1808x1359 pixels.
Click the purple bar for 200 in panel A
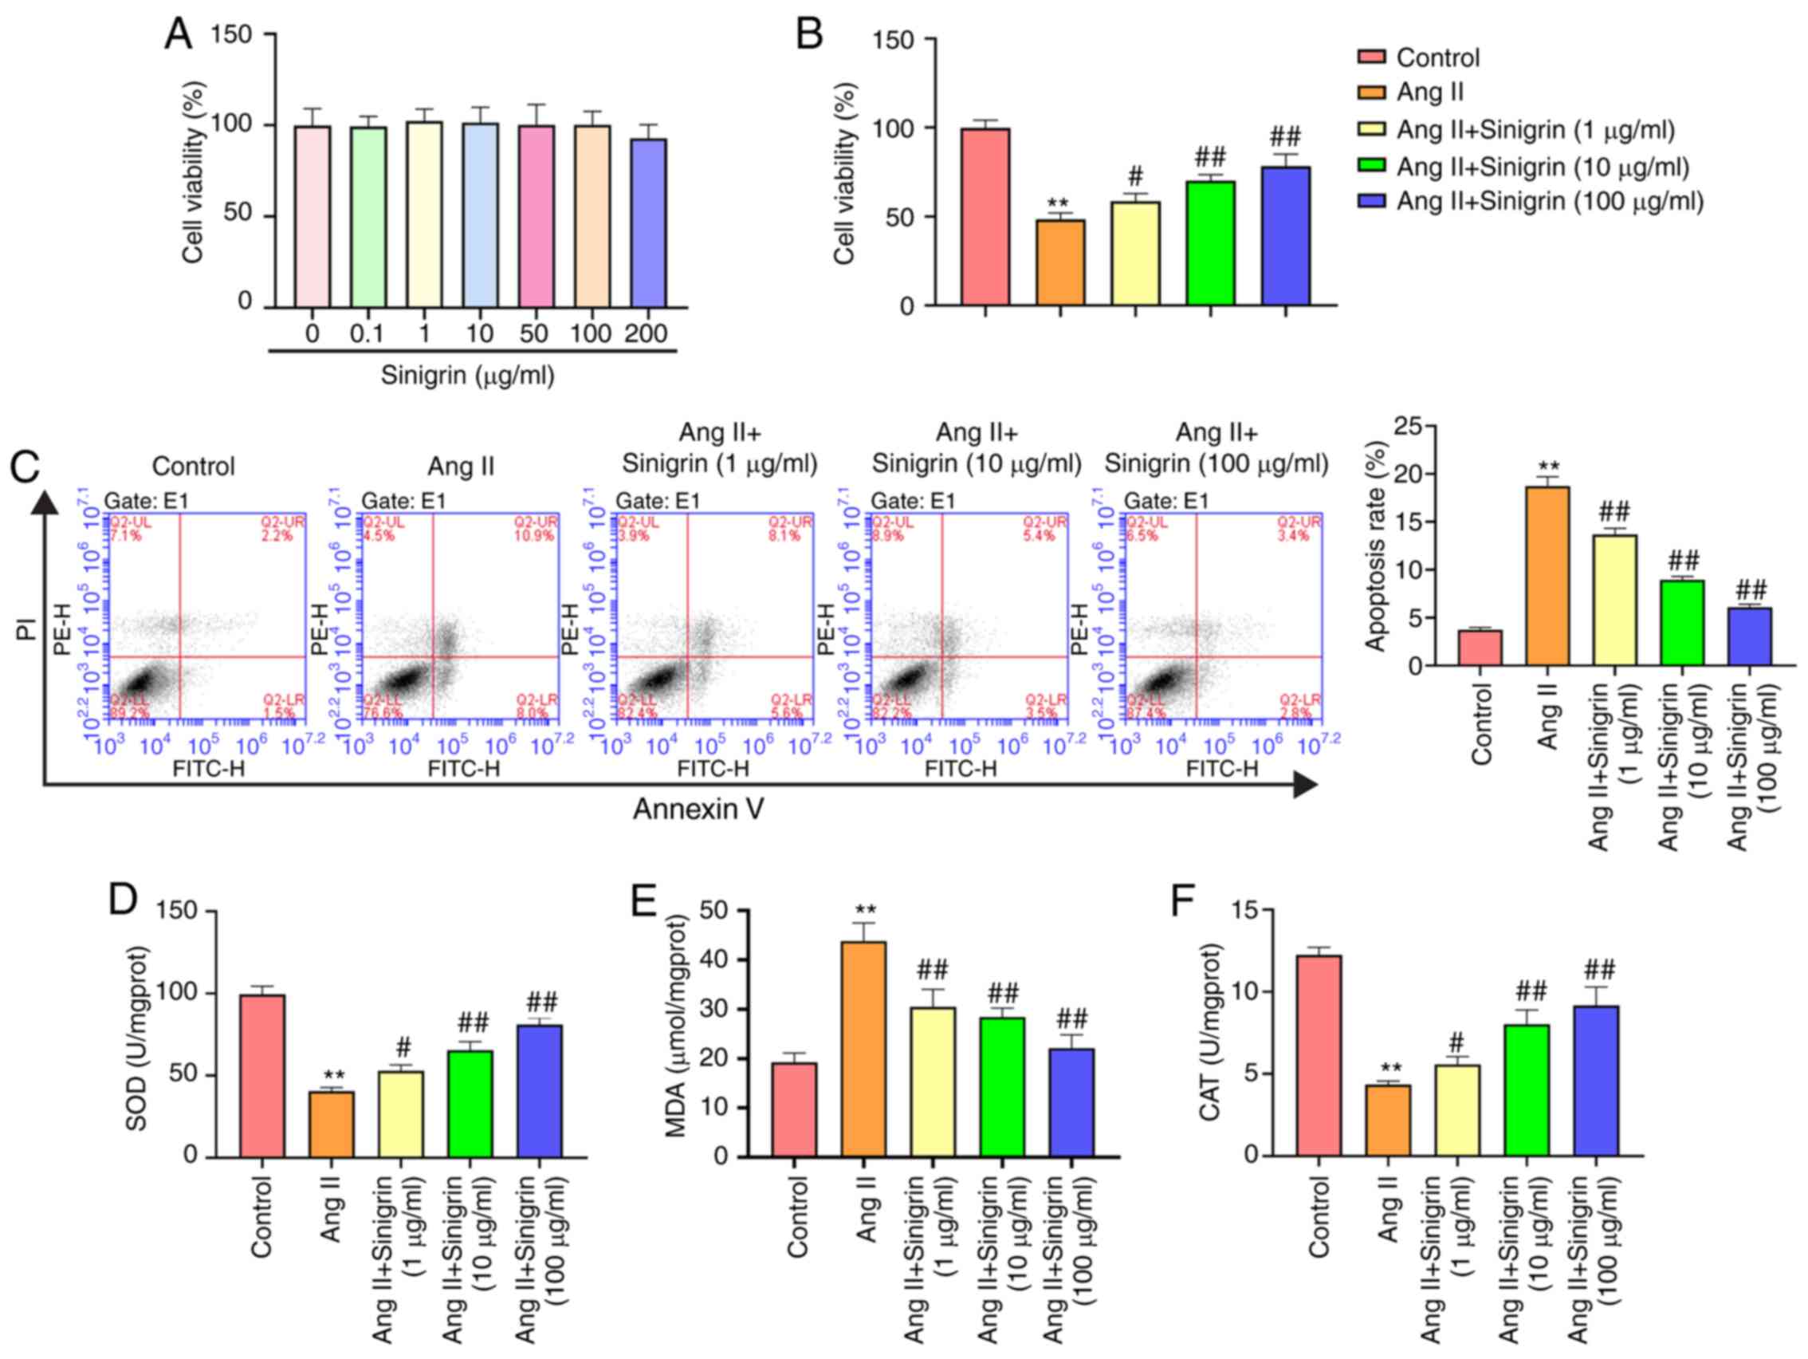648,223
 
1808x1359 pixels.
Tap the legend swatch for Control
1370,57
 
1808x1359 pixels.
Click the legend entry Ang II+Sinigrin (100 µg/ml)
1550,201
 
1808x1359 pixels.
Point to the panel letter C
26,467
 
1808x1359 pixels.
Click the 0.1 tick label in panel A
367,333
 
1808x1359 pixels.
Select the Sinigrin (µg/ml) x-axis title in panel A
467,376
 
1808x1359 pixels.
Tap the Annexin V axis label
698,809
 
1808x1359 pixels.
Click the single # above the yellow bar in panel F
1456,1042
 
